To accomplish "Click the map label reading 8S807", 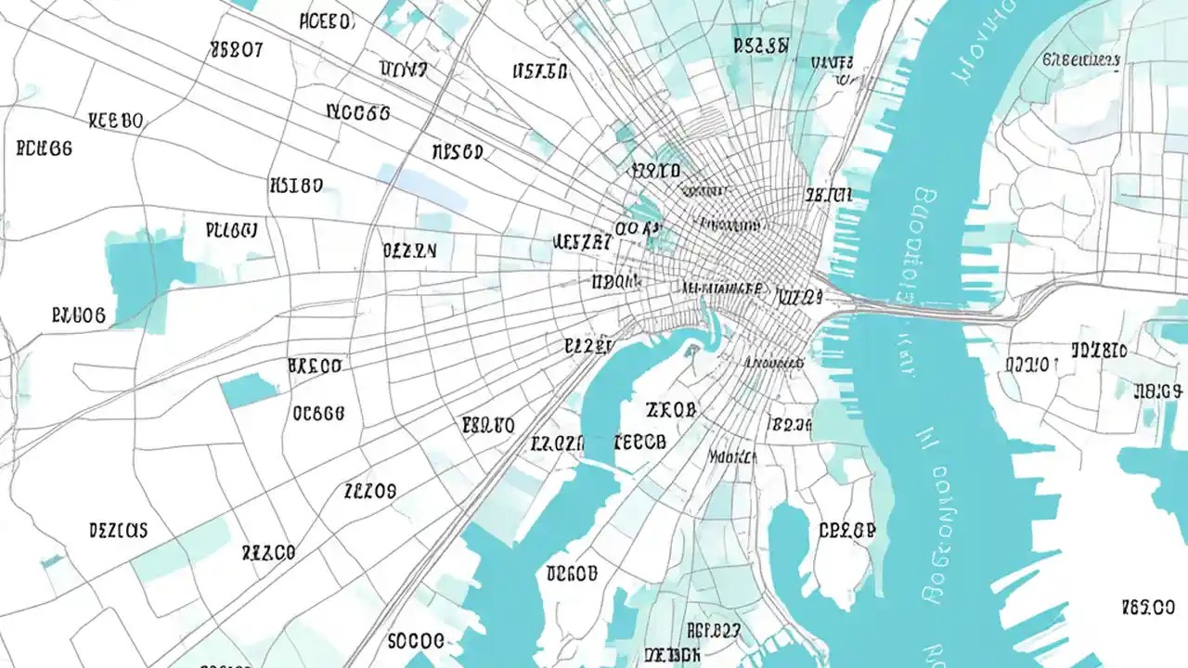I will [x=237, y=50].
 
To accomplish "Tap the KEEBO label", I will [x=116, y=121].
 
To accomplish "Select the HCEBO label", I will [x=326, y=21].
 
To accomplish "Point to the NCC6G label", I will [x=358, y=113].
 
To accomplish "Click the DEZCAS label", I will [x=118, y=531].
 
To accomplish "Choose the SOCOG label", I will [x=416, y=641].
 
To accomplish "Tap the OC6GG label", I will [x=318, y=413].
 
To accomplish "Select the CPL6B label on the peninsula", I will [x=846, y=531].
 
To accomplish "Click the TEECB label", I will [x=639, y=443].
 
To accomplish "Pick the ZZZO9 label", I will [x=369, y=490].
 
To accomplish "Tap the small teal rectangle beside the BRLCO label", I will [x=248, y=390].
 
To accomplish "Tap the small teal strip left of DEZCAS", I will [x=52, y=561].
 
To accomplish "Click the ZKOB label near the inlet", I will [x=670, y=409].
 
